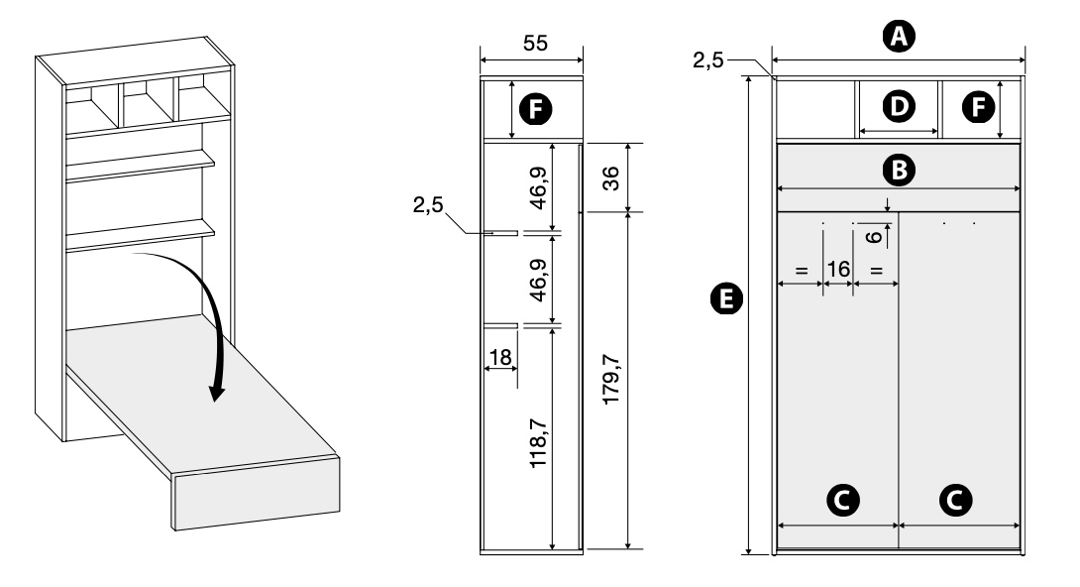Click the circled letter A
(x=899, y=38)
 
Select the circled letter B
(x=898, y=170)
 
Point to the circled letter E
(x=728, y=296)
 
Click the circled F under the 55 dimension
(x=536, y=109)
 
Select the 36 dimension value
(x=611, y=177)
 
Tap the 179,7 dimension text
(x=611, y=381)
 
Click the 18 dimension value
(x=501, y=355)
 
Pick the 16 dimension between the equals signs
(x=838, y=269)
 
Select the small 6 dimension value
(x=872, y=236)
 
